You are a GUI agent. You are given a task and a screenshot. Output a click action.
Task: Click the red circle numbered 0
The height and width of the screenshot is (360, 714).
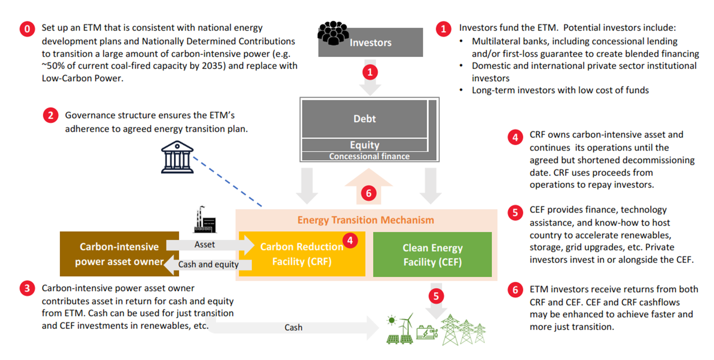tap(27, 29)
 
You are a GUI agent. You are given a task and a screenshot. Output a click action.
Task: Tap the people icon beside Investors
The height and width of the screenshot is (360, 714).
tap(333, 33)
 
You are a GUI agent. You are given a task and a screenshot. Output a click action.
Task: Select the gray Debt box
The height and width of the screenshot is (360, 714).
tap(365, 119)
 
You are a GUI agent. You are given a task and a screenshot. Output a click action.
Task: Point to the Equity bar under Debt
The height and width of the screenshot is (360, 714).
tap(365, 145)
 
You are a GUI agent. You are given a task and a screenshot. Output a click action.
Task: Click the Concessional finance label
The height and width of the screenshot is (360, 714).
tap(369, 156)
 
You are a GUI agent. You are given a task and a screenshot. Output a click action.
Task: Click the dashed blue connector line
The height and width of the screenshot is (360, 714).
tap(227, 182)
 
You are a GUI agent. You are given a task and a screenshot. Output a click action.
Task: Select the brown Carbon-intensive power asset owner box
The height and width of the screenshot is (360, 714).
tap(119, 254)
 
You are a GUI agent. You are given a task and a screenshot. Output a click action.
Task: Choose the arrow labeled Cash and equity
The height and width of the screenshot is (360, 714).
tap(208, 265)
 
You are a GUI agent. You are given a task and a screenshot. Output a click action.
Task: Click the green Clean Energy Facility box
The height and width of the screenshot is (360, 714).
tap(432, 254)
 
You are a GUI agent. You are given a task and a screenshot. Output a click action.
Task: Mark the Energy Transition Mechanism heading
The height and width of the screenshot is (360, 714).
tap(365, 220)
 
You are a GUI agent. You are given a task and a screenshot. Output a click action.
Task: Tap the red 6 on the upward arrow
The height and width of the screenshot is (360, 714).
tap(369, 193)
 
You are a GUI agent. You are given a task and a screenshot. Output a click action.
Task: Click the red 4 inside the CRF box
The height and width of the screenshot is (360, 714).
tap(350, 241)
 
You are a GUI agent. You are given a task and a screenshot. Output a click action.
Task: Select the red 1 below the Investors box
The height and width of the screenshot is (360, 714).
tap(370, 72)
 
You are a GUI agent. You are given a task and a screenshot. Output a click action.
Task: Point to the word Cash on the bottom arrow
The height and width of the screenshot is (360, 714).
tap(293, 327)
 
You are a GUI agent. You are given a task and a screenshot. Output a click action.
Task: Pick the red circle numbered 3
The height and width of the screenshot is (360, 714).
tap(27, 288)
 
